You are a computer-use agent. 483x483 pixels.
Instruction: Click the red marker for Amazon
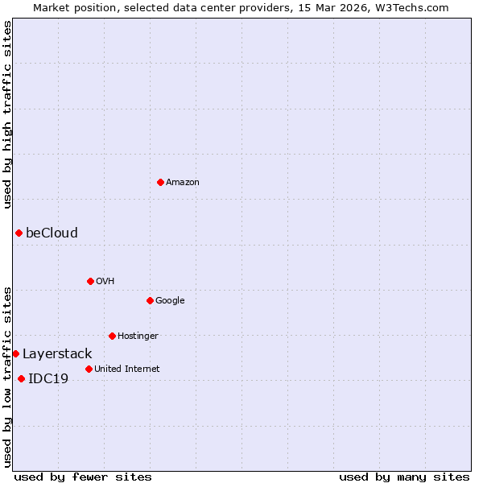[x=160, y=182]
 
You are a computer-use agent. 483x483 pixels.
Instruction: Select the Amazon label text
[x=183, y=182]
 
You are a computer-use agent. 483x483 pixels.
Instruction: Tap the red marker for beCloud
[x=19, y=233]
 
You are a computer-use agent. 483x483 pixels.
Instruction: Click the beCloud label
[x=52, y=233]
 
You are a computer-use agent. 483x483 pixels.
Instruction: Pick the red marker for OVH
[x=90, y=281]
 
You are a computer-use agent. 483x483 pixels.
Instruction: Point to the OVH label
[x=105, y=281]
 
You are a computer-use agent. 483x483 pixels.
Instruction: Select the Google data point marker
[x=150, y=300]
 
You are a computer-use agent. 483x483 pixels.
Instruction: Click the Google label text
[x=170, y=300]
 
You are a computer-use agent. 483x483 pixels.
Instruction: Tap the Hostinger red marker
[x=112, y=336]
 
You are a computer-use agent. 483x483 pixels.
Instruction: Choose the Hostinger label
[x=138, y=336]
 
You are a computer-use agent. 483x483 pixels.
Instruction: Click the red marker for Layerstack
[x=15, y=353]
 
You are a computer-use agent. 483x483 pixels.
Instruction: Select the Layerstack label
[x=57, y=353]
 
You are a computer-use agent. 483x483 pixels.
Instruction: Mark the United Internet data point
[x=89, y=369]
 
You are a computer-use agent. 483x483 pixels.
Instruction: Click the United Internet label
[x=126, y=369]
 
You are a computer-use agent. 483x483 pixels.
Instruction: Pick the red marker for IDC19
[x=21, y=378]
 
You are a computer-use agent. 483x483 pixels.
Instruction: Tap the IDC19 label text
[x=48, y=378]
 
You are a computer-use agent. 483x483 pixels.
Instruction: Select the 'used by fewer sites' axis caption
[x=83, y=477]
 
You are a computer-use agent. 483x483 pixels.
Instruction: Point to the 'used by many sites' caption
[x=404, y=477]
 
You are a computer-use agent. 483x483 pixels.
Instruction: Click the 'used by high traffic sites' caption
[x=7, y=114]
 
